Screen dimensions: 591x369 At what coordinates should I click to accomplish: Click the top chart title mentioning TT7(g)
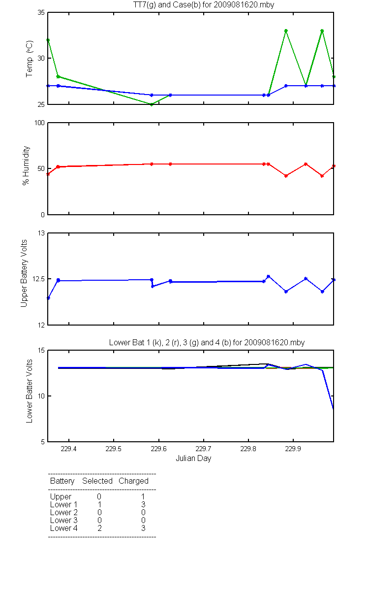click(204, 4)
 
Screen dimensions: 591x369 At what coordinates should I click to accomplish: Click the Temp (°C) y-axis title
click(30, 59)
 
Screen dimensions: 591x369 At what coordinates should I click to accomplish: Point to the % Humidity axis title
click(27, 165)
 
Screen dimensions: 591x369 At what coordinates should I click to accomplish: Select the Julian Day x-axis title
click(193, 459)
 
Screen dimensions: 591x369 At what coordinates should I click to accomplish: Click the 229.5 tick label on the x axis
click(114, 449)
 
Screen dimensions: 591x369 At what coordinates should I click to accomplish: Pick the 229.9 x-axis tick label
click(293, 449)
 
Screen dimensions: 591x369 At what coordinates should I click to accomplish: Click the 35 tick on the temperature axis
click(41, 12)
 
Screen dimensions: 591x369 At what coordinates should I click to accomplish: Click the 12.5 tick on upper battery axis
click(38, 279)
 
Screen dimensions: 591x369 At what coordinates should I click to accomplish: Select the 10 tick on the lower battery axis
click(41, 396)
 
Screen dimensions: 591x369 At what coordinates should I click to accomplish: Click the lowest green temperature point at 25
click(152, 104)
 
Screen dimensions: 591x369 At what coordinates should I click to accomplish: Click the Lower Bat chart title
click(207, 342)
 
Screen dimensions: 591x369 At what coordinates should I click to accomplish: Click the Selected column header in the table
click(97, 481)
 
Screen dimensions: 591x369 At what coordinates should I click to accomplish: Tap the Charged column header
click(133, 481)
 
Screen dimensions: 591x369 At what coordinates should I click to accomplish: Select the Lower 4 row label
click(63, 528)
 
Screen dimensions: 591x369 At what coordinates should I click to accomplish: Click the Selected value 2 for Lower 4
click(99, 528)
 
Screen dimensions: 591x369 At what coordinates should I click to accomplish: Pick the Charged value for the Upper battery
click(143, 496)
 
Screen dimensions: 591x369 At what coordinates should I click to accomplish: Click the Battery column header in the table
click(62, 481)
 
